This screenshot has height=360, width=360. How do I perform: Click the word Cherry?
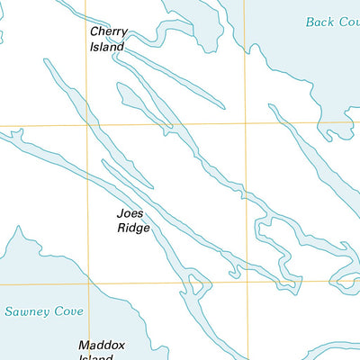click(x=108, y=31)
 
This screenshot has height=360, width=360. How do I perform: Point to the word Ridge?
click(x=133, y=229)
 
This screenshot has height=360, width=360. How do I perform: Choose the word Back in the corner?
click(x=319, y=22)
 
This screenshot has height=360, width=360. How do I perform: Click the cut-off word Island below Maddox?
click(x=95, y=357)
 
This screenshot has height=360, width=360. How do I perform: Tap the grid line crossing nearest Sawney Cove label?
click(x=87, y=283)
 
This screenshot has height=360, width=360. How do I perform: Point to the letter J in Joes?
click(x=120, y=215)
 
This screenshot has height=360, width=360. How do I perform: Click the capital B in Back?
click(x=310, y=22)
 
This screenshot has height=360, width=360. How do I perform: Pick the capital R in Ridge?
click(x=121, y=229)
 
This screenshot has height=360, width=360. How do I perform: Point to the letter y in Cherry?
click(x=124, y=33)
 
